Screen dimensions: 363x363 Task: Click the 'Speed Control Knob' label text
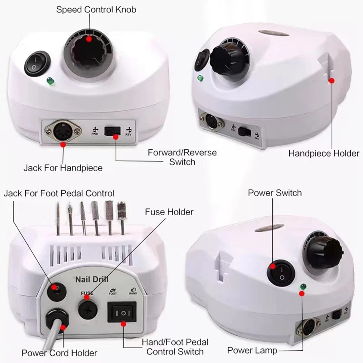pos(96,9)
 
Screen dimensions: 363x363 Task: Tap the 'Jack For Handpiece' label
pos(63,168)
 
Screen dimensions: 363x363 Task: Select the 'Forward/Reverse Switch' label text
pos(182,157)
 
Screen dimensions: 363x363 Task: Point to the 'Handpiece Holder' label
pos(324,153)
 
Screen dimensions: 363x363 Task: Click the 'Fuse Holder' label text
pos(169,211)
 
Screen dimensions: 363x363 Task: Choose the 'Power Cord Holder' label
pos(59,353)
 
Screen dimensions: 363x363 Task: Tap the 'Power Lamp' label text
pos(252,350)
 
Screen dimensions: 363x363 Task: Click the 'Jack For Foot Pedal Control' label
pos(59,193)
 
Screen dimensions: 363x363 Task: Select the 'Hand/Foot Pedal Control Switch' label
pos(175,347)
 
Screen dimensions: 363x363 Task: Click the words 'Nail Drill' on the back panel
pos(89,280)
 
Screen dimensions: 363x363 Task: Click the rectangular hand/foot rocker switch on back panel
pos(122,312)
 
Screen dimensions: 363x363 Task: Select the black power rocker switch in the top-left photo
pos(37,64)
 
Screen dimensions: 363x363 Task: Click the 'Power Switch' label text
pos(274,192)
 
